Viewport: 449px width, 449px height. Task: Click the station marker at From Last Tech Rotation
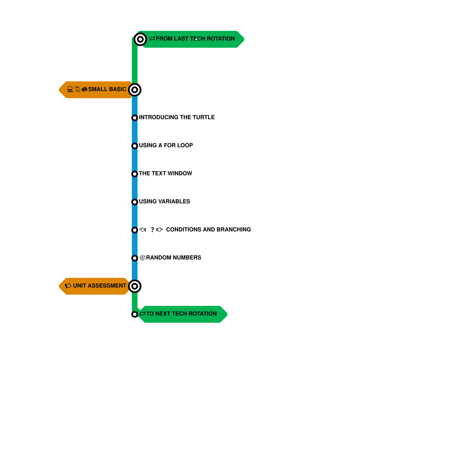(x=140, y=39)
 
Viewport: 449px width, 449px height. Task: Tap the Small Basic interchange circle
(x=135, y=90)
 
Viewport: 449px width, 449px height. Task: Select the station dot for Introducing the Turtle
(x=135, y=118)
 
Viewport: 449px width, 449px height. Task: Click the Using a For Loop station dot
(x=135, y=146)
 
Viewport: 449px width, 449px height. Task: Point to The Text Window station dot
(x=135, y=174)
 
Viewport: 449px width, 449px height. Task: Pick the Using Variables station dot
(x=135, y=202)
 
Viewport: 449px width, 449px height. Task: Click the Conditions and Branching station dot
(x=135, y=230)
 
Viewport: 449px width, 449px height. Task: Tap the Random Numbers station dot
(x=135, y=258)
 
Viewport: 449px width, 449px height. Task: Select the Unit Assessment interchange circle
(x=135, y=286)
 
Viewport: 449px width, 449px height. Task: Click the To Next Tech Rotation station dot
(x=135, y=314)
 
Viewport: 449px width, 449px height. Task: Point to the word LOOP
(x=185, y=145)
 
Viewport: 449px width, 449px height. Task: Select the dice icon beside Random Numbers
(x=143, y=258)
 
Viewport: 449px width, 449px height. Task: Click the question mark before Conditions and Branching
(x=152, y=230)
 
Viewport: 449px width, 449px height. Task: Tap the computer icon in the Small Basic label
(x=70, y=89)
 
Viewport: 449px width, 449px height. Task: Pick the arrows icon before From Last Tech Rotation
(x=152, y=39)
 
